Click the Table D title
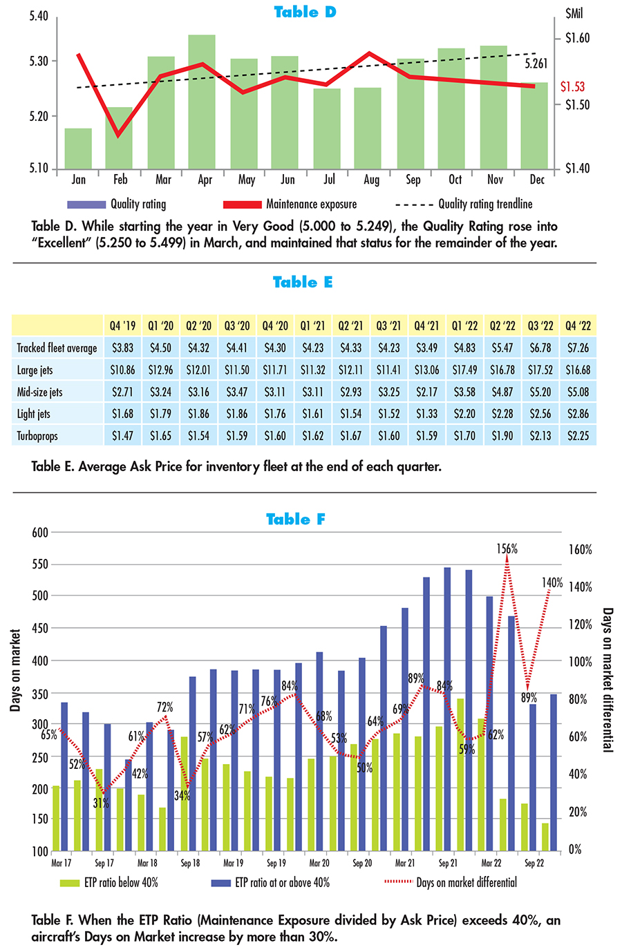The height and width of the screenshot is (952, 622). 305,12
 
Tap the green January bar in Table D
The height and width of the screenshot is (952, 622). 78,148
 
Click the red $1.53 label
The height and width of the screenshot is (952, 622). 572,86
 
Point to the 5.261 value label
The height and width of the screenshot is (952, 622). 536,64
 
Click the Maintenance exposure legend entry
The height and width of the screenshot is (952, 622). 290,204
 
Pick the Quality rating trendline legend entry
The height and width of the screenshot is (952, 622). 464,204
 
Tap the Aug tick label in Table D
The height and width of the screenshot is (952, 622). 371,180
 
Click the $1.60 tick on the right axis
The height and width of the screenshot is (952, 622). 577,38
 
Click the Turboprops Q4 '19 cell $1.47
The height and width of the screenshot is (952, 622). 122,437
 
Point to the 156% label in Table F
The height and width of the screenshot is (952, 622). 507,549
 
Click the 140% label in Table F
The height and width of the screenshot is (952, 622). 552,582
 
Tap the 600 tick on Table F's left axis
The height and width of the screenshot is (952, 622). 40,533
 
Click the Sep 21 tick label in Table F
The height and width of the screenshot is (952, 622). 448,863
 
